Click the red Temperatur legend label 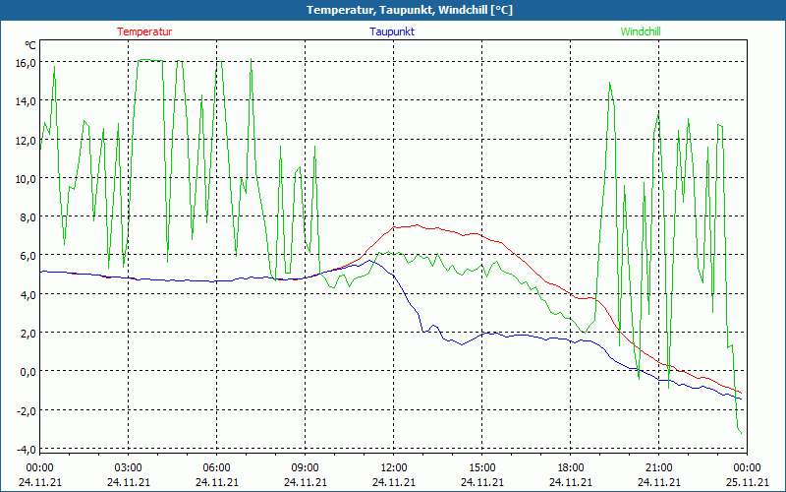coord(144,31)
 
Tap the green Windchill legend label coord(641,31)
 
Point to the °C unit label coord(30,45)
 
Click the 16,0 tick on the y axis coord(25,63)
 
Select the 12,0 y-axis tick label coord(25,140)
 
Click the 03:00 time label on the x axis coord(129,467)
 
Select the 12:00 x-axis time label coord(394,467)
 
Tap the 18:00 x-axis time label coord(571,467)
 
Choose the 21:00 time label coord(659,467)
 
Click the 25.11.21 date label coord(748,482)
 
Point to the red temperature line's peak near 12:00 coord(417,225)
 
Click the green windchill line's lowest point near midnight coord(740,433)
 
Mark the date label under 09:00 coord(306,482)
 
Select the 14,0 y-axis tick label coord(25,101)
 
